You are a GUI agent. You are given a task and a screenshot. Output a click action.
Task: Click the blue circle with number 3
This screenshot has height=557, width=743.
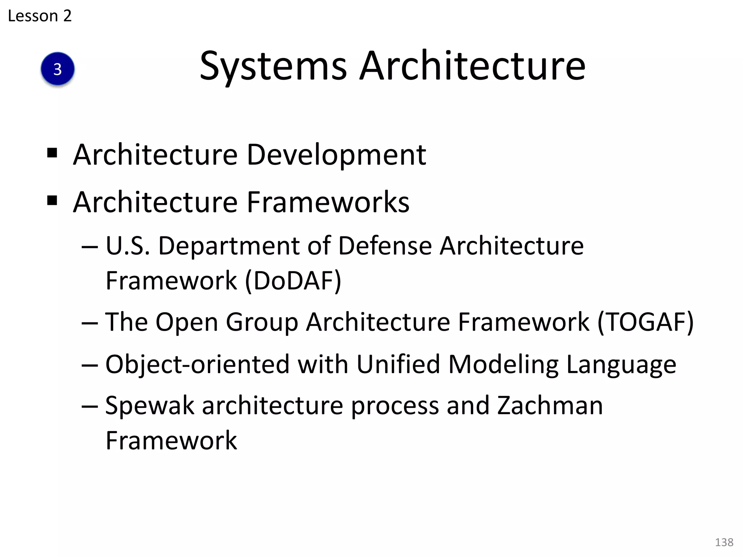coord(58,69)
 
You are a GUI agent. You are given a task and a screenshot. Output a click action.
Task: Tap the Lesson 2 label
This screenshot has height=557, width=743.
coord(40,16)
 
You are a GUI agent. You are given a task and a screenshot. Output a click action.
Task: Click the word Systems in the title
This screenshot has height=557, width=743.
coord(273,66)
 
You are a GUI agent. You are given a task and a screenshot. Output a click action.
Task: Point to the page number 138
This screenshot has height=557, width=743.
coord(724,542)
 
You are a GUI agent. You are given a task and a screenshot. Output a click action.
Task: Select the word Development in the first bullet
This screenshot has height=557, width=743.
coord(336,155)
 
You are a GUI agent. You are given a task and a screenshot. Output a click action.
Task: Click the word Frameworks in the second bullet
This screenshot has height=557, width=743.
coord(328,202)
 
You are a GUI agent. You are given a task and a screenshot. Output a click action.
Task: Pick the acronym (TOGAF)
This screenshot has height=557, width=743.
coord(645,322)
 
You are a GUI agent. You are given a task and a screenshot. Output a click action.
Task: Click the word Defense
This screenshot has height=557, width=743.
coord(385,246)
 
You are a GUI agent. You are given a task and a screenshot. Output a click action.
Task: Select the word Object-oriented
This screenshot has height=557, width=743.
coord(198,364)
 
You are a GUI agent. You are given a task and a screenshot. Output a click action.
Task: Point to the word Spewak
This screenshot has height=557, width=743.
coord(149,406)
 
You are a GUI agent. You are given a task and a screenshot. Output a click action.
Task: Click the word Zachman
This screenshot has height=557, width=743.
coord(550,405)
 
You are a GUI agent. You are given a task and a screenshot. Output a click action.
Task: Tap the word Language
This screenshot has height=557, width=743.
coord(621,365)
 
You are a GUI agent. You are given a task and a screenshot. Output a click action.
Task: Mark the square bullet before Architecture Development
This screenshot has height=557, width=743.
coord(52,153)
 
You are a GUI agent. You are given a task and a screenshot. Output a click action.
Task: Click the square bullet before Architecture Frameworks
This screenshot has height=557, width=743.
coord(52,200)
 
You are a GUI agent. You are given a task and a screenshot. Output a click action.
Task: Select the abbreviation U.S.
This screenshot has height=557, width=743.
coord(128,246)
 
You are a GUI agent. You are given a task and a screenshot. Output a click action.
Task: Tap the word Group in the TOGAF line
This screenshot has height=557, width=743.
coord(262,322)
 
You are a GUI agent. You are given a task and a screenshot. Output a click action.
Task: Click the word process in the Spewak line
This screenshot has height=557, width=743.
coord(395,406)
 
